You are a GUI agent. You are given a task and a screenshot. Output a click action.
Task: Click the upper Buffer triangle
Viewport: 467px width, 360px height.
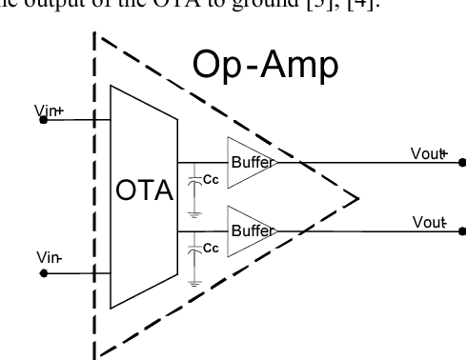pos(246,163)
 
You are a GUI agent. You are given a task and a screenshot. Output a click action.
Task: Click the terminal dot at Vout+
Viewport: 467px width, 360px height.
pos(462,162)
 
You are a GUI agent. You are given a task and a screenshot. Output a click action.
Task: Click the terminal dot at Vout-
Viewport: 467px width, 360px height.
pos(462,230)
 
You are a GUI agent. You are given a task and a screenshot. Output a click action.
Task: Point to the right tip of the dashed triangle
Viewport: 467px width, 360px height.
pos(357,198)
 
